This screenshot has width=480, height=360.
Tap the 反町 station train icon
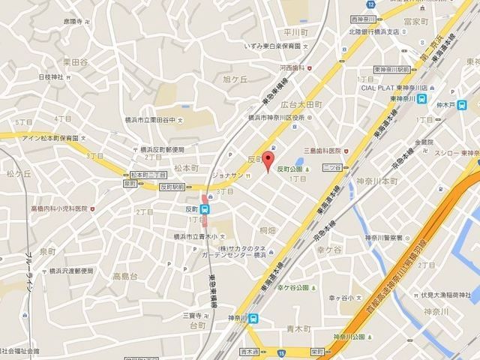(x=205, y=209)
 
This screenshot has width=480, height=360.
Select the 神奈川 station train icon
(x=255, y=318)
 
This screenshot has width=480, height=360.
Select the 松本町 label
(x=184, y=169)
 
